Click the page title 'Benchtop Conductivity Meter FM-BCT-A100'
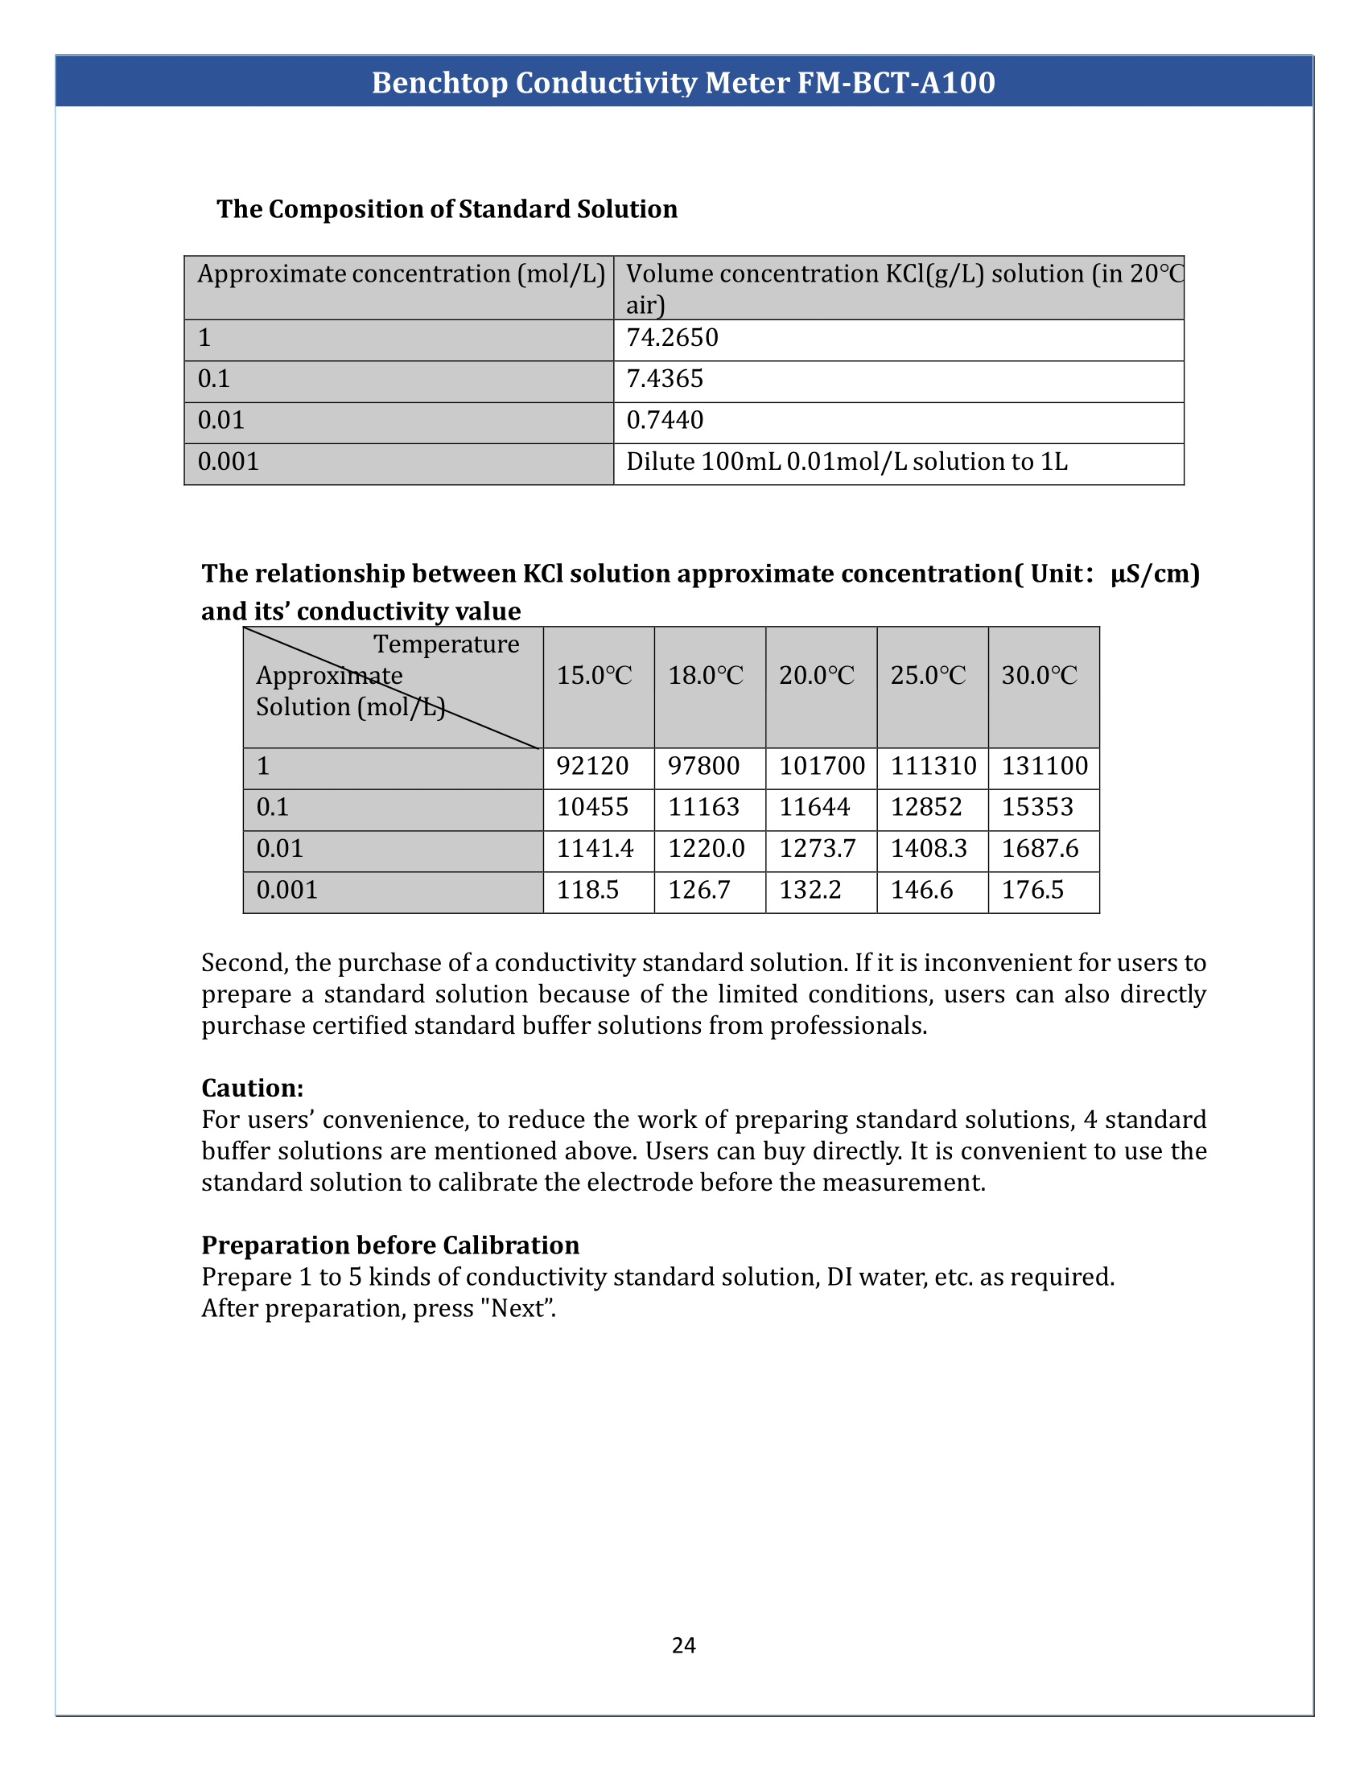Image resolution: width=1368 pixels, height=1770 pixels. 683,83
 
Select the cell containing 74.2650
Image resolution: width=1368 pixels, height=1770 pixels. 672,338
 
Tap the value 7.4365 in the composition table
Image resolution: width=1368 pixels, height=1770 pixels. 665,379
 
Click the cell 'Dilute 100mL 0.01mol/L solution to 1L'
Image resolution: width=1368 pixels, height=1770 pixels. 846,462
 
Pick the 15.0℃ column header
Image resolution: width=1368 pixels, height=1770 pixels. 594,676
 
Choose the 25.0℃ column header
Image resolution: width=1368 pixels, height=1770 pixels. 928,676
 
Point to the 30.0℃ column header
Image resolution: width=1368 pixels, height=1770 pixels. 1039,676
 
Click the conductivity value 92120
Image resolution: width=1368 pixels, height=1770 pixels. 592,766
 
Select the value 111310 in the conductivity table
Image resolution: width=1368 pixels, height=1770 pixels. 933,766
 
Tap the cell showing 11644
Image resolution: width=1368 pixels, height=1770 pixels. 814,807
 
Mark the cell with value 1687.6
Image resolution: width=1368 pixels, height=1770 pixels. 1040,849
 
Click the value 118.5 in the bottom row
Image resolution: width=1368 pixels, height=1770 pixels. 587,890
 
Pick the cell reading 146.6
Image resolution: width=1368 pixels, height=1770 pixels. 921,890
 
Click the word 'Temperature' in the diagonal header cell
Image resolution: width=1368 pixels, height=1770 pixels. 446,644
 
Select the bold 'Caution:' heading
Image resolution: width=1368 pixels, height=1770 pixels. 252,1088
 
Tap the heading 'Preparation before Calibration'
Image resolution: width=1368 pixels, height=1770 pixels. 389,1245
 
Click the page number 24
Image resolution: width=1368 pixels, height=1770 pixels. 683,1645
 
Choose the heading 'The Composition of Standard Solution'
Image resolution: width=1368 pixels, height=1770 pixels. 447,209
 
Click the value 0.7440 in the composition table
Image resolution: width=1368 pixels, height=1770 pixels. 665,421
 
